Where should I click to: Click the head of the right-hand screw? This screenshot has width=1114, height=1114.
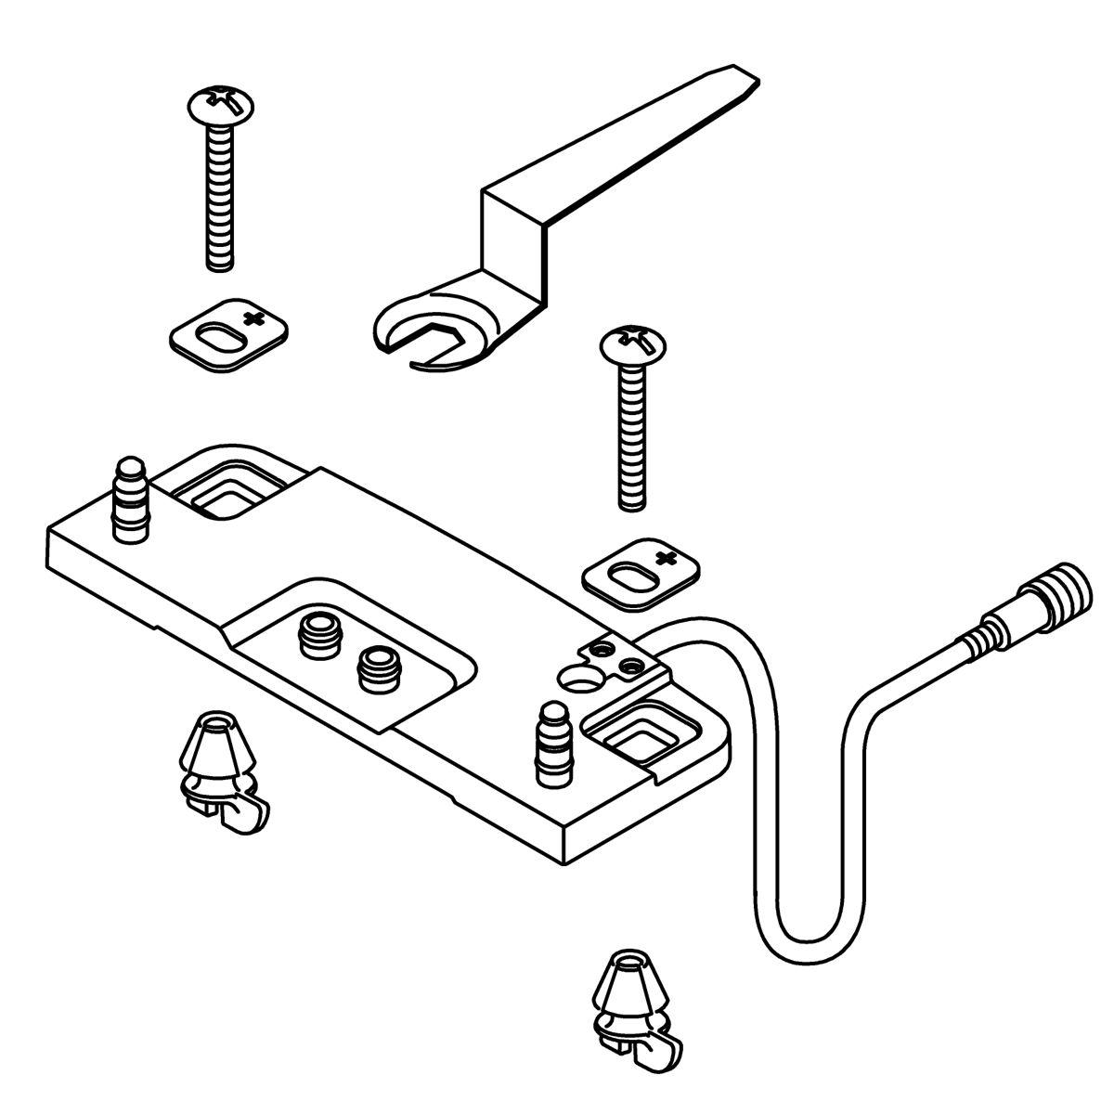[636, 343]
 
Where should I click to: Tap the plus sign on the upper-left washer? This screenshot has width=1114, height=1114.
[253, 320]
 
